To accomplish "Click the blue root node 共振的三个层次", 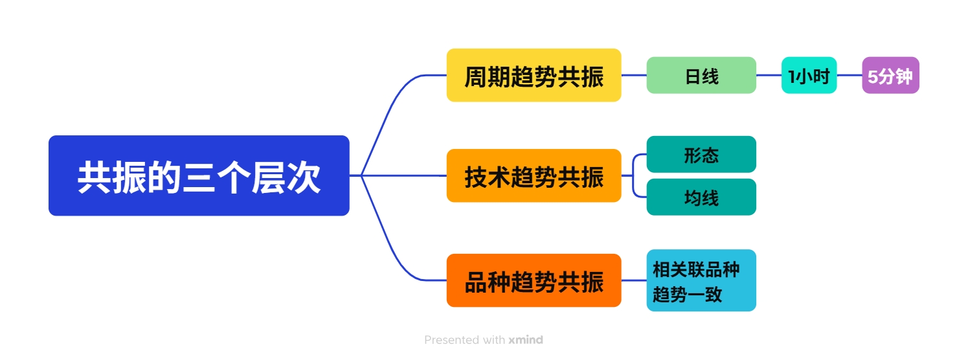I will [x=199, y=175].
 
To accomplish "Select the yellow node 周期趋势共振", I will [x=534, y=75].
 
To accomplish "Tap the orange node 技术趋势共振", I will [x=534, y=175].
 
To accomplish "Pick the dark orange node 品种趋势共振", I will [x=534, y=280].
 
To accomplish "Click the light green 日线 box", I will [x=701, y=75].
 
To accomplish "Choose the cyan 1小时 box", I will [x=809, y=75].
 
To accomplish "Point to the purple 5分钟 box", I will [x=890, y=75].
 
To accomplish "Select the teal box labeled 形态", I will [x=701, y=154].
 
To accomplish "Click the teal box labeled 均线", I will [x=701, y=197].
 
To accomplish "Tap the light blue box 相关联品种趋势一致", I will [x=701, y=280].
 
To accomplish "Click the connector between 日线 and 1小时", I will [x=769, y=75].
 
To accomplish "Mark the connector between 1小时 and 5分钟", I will [x=849, y=75].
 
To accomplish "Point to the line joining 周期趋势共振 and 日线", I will [x=634, y=75].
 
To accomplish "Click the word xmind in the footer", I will [x=525, y=340].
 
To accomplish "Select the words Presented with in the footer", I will [x=464, y=340].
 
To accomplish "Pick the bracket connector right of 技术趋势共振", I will [x=633, y=175].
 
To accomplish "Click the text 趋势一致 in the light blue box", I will [x=687, y=295].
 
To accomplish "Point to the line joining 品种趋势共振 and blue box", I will [x=634, y=280].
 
